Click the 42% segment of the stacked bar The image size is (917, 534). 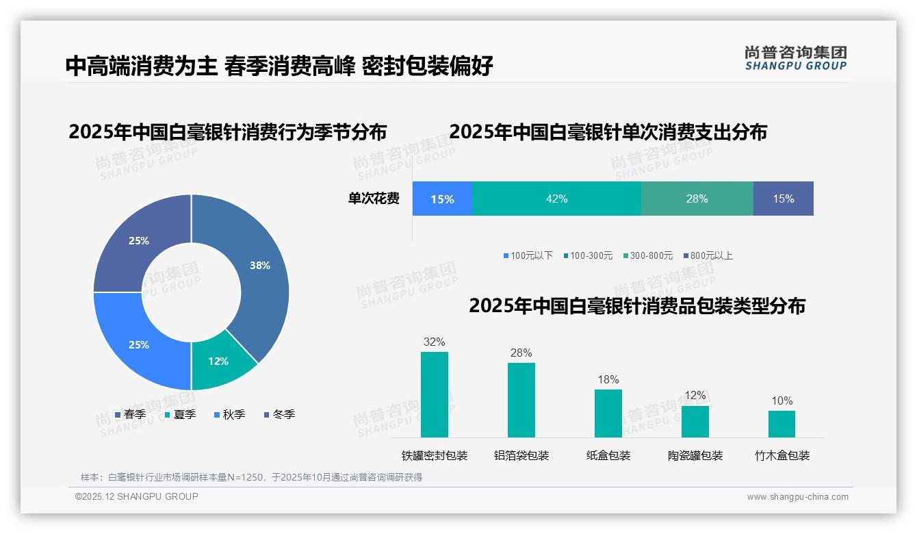[x=556, y=199]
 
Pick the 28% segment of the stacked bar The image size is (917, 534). [x=697, y=199]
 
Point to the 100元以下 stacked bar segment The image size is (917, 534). [x=442, y=199]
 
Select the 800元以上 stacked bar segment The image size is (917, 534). [x=783, y=199]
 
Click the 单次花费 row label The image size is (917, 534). [x=374, y=199]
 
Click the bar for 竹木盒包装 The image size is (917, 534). [x=782, y=424]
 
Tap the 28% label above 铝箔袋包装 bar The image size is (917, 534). [x=521, y=353]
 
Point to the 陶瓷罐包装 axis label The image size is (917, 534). [x=695, y=455]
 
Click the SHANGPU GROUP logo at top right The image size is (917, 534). [x=795, y=58]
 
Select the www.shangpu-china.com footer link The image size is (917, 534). [x=797, y=497]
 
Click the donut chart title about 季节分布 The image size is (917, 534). [x=227, y=131]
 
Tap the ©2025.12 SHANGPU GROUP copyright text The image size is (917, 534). [x=137, y=496]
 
